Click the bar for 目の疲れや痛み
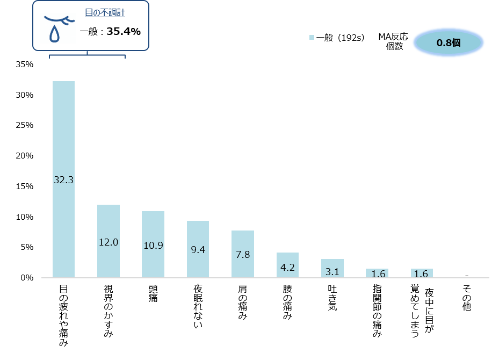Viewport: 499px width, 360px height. click(63, 179)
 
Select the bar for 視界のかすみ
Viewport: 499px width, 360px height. click(109, 241)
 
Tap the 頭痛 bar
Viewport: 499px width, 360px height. click(153, 244)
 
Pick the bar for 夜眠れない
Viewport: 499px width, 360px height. click(198, 249)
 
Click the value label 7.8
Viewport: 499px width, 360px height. click(243, 255)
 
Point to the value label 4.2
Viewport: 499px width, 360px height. click(287, 267)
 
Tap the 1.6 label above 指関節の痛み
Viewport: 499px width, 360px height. click(377, 274)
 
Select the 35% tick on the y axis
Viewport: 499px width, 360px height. click(25, 64)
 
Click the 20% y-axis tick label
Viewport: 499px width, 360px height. click(25, 156)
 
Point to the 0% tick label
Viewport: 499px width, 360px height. click(27, 278)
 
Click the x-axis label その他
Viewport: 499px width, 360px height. click(466, 299)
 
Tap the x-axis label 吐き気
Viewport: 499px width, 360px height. click(332, 299)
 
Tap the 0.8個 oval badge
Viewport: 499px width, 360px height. click(448, 42)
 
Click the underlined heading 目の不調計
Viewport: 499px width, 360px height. click(105, 13)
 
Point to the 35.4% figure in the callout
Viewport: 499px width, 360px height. click(124, 32)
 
